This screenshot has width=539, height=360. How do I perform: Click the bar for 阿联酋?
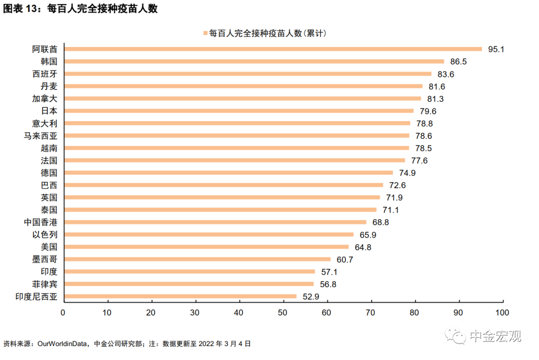[x=273, y=49]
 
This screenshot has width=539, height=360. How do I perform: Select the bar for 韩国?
[x=255, y=61]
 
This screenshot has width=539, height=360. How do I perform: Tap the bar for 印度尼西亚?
[x=181, y=296]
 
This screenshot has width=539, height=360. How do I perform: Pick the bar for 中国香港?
[x=216, y=222]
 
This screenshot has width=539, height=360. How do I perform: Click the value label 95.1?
[x=497, y=49]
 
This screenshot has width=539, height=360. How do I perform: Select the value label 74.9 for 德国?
[x=407, y=173]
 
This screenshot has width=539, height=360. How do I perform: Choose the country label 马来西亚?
[x=41, y=136]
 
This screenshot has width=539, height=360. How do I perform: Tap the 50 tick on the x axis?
[x=283, y=313]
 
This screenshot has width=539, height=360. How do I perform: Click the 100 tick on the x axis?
[x=502, y=313]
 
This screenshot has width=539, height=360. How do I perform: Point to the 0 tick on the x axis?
[x=63, y=313]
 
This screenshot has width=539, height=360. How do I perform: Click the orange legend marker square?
[x=205, y=33]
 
